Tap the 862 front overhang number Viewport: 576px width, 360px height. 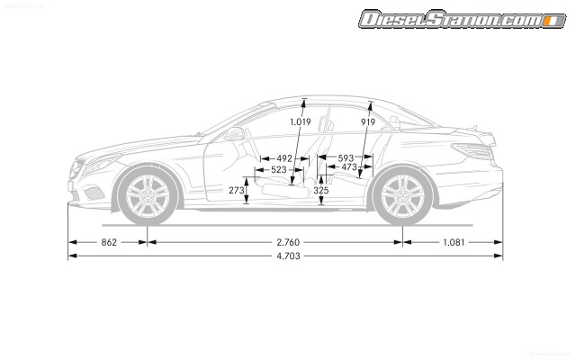point(109,242)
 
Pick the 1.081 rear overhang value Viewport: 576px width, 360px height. point(453,242)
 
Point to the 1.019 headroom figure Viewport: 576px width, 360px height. point(300,121)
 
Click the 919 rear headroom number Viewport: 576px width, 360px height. point(367,121)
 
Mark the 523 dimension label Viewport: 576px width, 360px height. point(278,168)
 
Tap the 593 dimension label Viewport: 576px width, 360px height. point(346,157)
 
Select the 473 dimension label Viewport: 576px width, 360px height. point(349,167)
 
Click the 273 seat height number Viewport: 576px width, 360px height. point(236,190)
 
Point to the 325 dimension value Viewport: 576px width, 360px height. point(320,190)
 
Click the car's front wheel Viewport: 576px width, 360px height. point(148,196)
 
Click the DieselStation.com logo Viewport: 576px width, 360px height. point(461,19)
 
